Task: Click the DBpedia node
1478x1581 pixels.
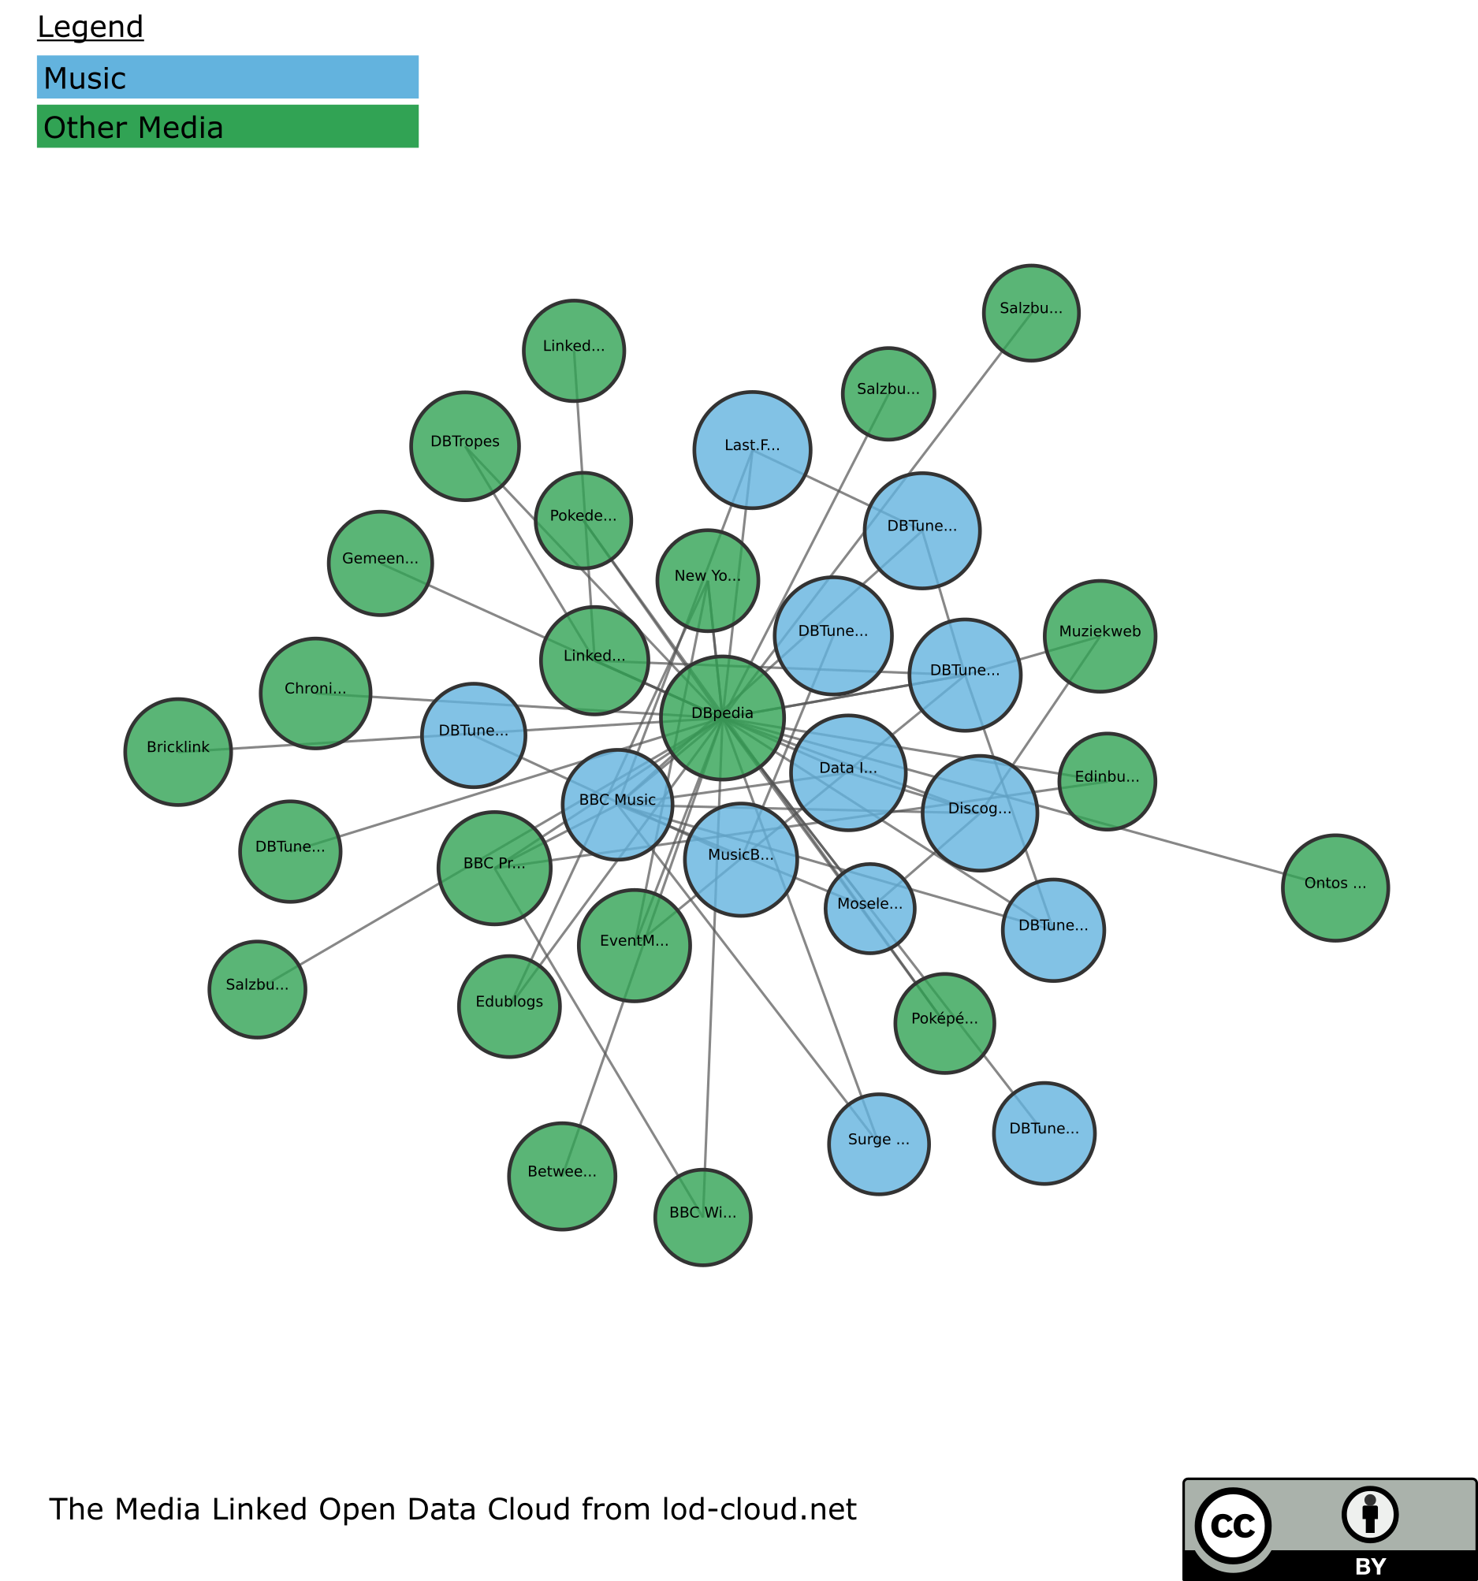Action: click(722, 717)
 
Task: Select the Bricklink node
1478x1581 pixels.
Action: click(178, 752)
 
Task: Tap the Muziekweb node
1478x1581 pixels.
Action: click(1100, 636)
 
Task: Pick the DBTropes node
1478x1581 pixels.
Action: click(464, 446)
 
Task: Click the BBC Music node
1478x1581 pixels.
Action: click(617, 805)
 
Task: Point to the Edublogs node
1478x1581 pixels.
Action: click(509, 1006)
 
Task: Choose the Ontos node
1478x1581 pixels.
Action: click(1335, 887)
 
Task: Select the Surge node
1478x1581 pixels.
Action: click(878, 1144)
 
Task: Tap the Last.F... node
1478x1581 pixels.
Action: click(752, 449)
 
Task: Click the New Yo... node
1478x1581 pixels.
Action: click(707, 581)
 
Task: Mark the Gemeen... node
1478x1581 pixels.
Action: click(380, 563)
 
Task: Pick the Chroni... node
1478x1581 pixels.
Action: click(315, 693)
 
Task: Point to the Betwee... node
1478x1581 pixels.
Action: click(561, 1176)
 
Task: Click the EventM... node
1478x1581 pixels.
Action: click(634, 945)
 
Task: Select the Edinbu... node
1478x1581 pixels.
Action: click(1107, 781)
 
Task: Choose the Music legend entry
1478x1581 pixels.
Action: click(228, 77)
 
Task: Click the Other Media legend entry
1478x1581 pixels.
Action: click(228, 126)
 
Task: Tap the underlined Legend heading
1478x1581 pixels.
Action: click(91, 27)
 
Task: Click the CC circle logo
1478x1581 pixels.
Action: click(1232, 1526)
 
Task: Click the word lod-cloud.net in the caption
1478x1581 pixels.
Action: click(759, 1508)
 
